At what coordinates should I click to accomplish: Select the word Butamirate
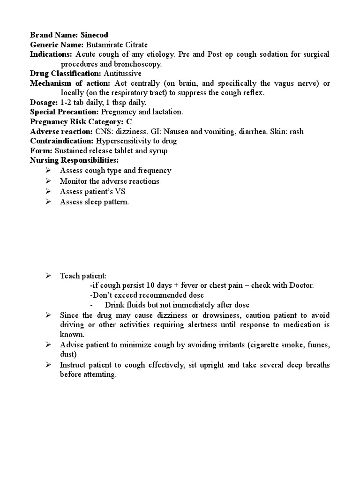104,45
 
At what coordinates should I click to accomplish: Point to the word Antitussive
122,74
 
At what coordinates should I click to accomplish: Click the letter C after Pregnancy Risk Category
129,121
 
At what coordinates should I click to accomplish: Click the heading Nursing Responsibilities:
74,160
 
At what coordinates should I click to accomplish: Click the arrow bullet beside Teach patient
48,276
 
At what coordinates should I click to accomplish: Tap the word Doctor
300,285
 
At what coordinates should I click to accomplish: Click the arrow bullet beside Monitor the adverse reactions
48,181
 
